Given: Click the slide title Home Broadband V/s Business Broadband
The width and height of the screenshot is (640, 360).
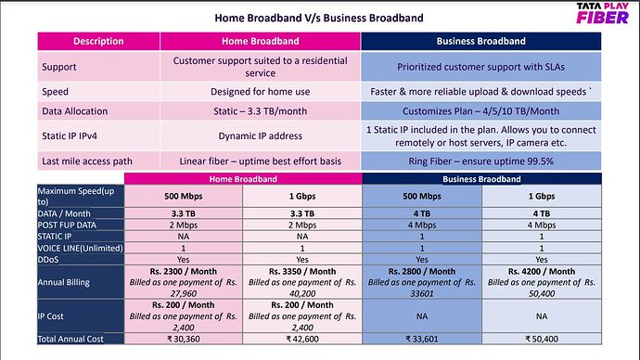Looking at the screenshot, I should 319,18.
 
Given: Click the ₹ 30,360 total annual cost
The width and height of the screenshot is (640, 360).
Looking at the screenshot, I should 183,339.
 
